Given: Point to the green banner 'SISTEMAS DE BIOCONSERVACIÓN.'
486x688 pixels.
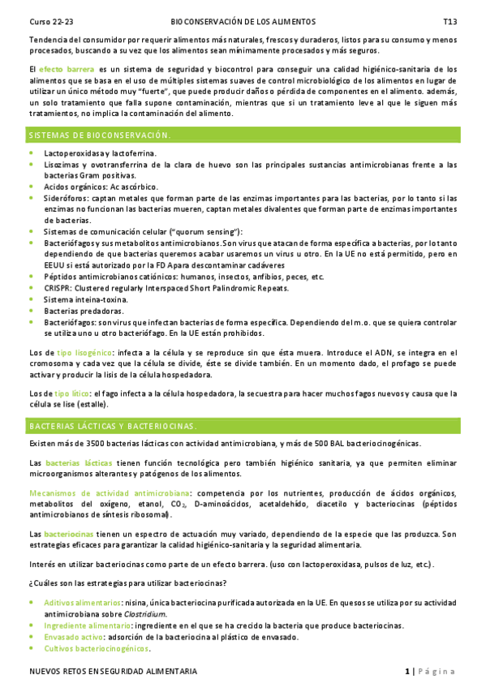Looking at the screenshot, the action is [99, 134].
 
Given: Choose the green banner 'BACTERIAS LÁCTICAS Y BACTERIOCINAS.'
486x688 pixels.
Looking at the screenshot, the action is [113, 425].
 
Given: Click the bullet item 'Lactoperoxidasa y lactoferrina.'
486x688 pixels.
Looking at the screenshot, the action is [100, 153].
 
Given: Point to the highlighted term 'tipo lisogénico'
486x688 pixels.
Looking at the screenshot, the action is [84, 353].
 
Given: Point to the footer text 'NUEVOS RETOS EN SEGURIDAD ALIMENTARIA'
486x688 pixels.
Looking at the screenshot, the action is [112, 673].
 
